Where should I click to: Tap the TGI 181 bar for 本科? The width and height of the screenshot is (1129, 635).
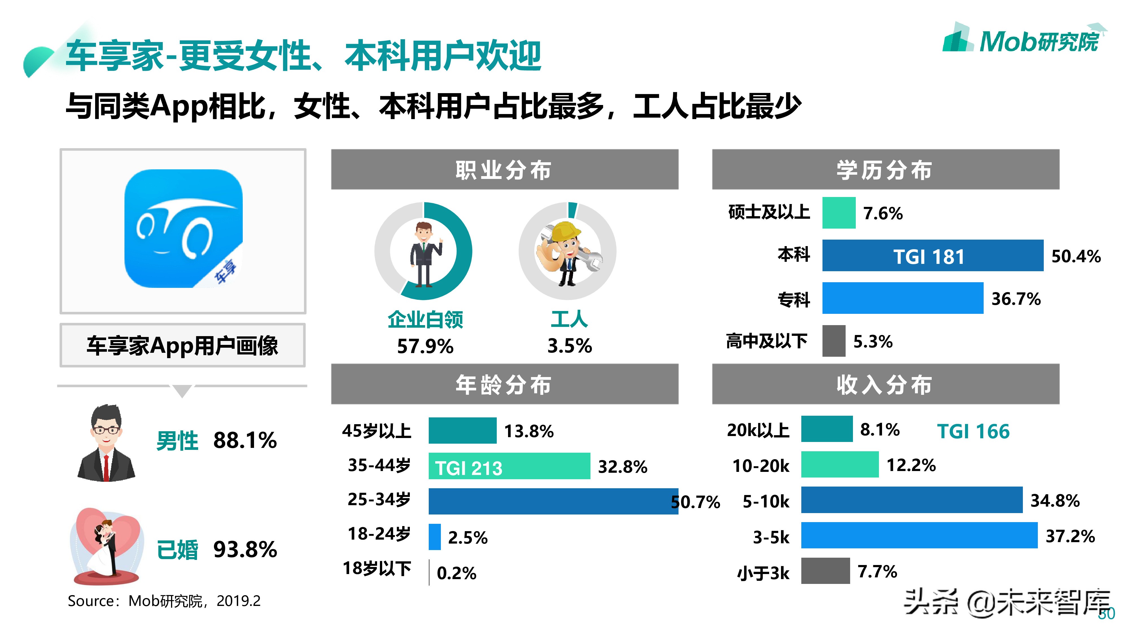(932, 256)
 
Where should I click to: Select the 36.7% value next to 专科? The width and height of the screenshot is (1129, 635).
(1016, 299)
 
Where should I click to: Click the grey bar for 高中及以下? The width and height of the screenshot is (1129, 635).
(833, 341)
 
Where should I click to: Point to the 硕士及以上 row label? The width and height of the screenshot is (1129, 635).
(769, 213)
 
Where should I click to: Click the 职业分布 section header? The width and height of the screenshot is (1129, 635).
(504, 170)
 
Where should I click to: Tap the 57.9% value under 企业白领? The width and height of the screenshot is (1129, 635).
(425, 347)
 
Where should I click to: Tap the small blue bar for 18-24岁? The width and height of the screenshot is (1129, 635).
(434, 537)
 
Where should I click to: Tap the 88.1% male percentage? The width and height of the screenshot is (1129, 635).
(244, 441)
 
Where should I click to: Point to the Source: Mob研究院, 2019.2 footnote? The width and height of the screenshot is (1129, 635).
(164, 601)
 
